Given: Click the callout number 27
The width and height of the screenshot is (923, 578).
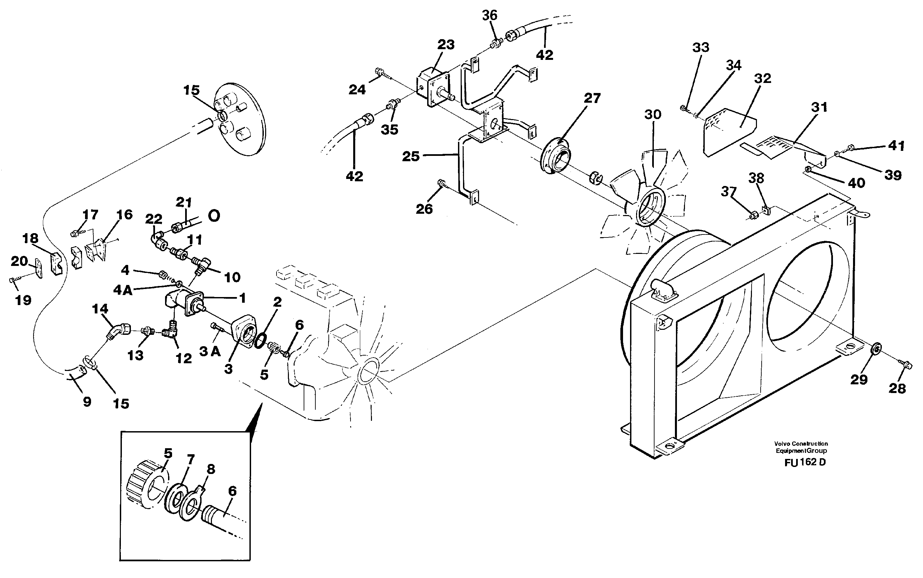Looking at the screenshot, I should tap(592, 98).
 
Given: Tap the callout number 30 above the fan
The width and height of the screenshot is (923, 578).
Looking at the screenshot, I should tap(652, 114).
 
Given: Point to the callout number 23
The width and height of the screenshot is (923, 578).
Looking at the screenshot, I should tap(446, 45).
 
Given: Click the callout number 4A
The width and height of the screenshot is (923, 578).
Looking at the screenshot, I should tap(123, 291).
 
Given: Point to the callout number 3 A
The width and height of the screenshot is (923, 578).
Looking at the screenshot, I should tap(210, 351).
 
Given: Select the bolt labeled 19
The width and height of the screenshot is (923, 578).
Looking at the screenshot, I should tap(13, 281).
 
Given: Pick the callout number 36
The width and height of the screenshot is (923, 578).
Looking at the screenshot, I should tap(489, 15).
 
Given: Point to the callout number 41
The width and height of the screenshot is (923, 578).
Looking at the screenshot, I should tap(896, 146).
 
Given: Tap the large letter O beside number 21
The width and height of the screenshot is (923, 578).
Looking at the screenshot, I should tap(214, 216).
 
